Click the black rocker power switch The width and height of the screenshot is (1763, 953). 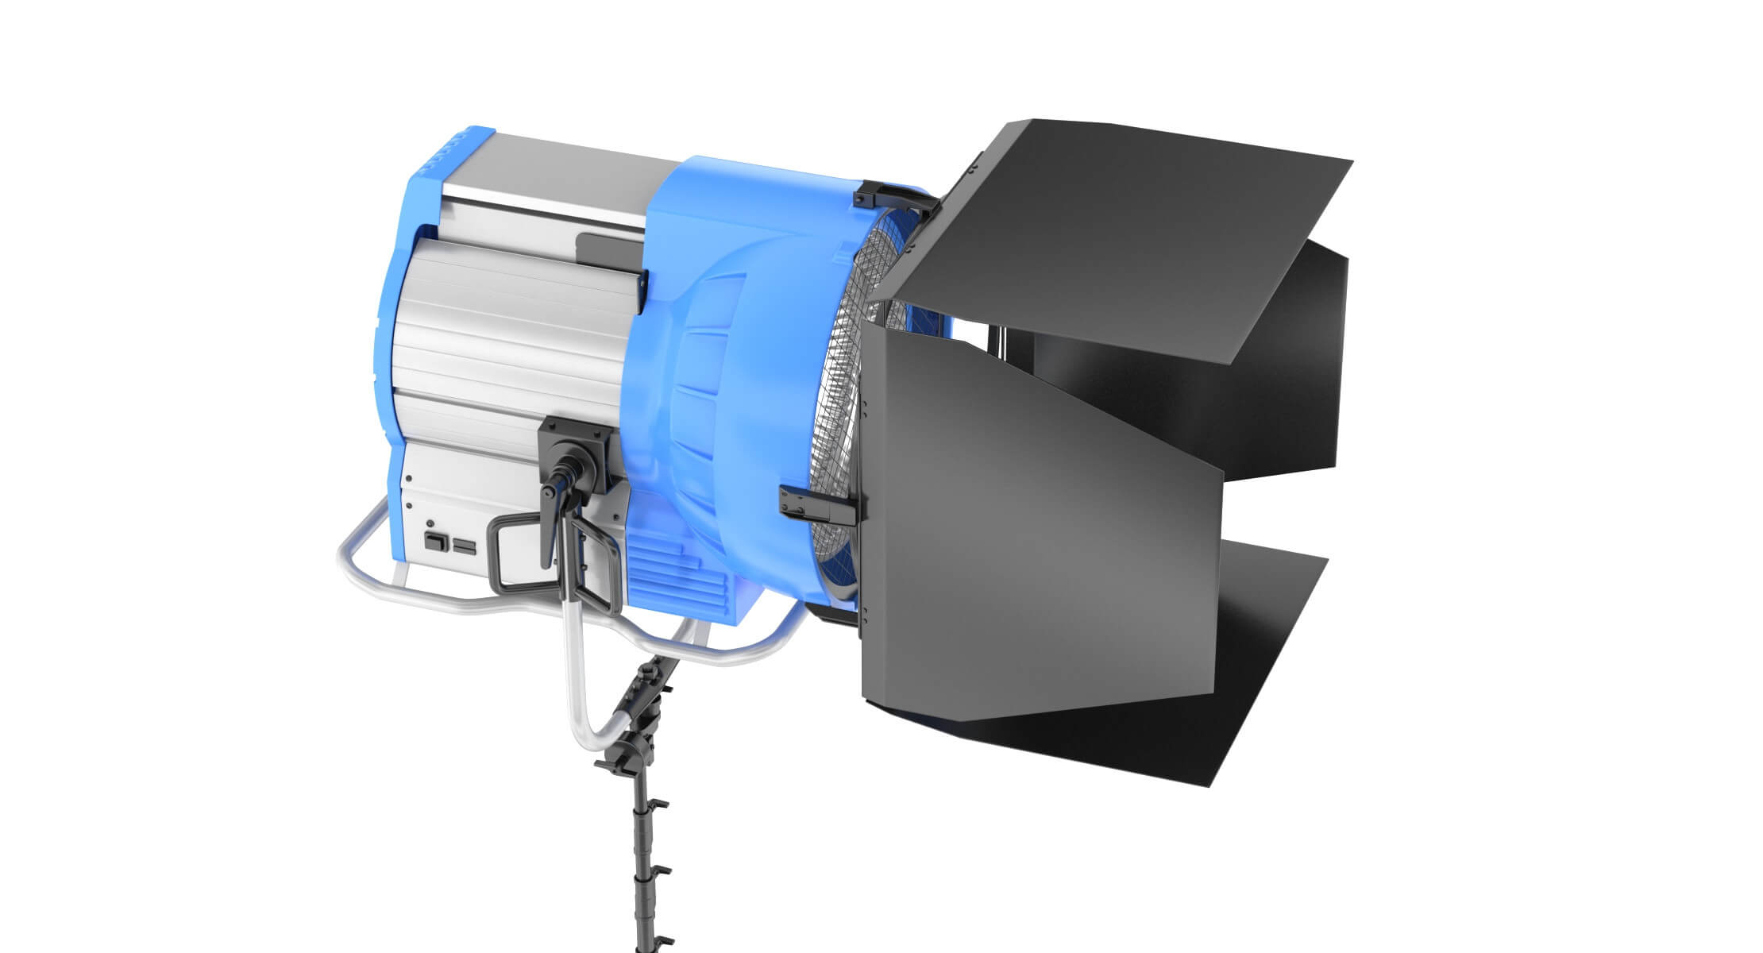coord(434,542)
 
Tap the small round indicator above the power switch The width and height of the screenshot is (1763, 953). coord(430,523)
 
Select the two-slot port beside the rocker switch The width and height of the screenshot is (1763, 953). coord(462,545)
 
